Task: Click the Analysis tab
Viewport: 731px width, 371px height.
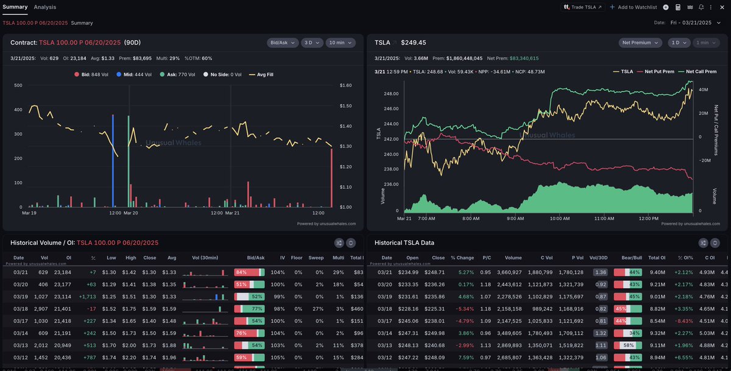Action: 45,7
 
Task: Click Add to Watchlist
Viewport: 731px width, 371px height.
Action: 637,7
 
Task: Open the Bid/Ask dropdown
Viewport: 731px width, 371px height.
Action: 283,43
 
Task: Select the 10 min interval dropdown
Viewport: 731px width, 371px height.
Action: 339,43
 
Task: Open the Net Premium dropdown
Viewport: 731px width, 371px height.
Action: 640,43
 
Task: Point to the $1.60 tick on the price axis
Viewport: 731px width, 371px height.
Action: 346,86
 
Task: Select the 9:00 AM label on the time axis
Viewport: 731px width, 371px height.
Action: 515,217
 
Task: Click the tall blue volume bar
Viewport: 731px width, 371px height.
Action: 113,161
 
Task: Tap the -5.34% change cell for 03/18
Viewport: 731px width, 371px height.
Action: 465,309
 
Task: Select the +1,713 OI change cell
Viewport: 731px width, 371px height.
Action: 89,296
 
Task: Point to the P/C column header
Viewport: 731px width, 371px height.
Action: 487,258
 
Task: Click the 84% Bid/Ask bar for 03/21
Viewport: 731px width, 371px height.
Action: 249,272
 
